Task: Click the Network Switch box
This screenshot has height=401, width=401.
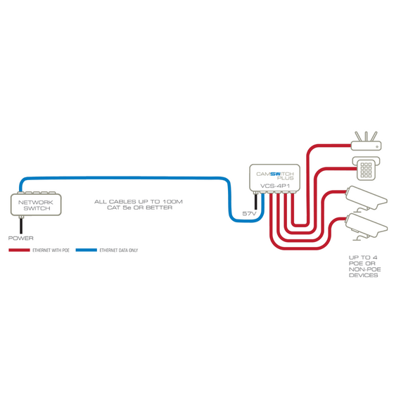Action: point(36,205)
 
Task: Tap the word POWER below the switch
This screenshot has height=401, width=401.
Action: point(20,238)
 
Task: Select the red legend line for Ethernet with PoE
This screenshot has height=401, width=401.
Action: point(19,250)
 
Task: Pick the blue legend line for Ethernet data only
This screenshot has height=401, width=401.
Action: point(87,250)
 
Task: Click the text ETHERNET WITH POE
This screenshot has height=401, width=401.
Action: point(51,250)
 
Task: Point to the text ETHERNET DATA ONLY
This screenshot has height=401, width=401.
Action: point(119,250)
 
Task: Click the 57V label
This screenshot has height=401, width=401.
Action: point(249,214)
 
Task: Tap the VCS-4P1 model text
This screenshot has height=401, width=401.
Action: point(275,186)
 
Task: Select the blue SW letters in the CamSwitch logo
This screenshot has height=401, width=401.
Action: point(276,174)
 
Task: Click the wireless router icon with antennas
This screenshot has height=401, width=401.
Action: point(366,141)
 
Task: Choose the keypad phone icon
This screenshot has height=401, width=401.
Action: point(366,169)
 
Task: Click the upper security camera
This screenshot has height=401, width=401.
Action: point(366,198)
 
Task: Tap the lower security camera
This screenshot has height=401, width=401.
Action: point(366,227)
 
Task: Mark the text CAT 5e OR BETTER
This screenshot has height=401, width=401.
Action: point(139,208)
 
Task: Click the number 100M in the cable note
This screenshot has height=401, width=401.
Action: point(173,202)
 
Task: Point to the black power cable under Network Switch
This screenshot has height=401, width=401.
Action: point(21,226)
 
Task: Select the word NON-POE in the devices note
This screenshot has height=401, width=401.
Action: point(365,269)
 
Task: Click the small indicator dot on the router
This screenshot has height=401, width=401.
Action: point(377,147)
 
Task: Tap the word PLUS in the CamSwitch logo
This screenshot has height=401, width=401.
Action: point(285,178)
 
